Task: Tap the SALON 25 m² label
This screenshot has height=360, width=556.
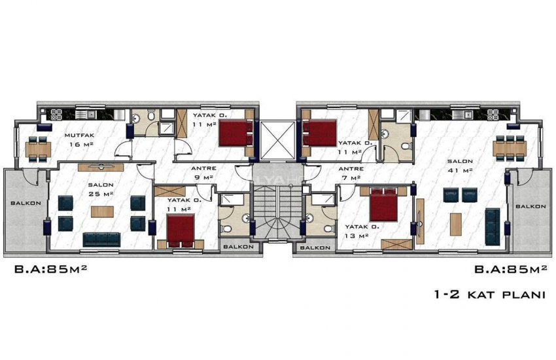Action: [101, 189]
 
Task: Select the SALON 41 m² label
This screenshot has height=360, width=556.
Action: [456, 165]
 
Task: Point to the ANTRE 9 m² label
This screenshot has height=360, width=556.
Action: [204, 172]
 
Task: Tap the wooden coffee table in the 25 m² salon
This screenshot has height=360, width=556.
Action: [101, 211]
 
